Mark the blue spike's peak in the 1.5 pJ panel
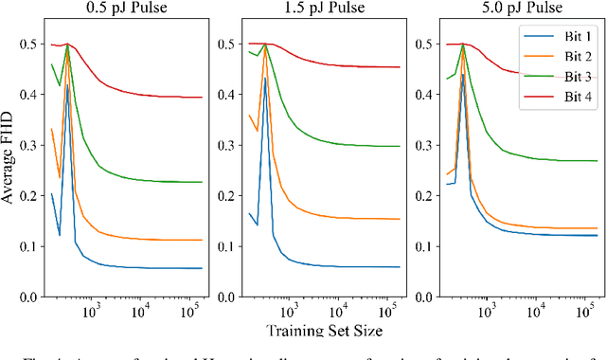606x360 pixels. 266,75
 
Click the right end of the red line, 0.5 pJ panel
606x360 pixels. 202,97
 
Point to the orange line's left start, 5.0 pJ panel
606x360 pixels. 419,174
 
